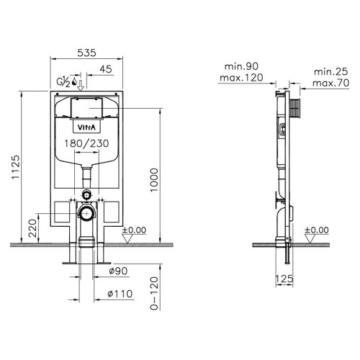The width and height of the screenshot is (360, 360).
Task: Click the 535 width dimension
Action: click(x=86, y=53)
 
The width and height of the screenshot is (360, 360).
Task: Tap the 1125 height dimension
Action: click(x=16, y=167)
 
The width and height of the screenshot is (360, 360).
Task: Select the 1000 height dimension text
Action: click(x=154, y=180)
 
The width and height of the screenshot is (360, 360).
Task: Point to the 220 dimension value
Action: click(x=33, y=228)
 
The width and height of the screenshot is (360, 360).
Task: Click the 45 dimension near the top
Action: click(x=106, y=69)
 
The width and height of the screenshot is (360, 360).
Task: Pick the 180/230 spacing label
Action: click(x=86, y=143)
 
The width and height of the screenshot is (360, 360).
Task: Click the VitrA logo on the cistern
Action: click(x=86, y=127)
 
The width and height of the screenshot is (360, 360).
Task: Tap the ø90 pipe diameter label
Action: click(x=118, y=271)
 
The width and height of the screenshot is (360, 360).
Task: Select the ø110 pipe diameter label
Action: click(x=120, y=294)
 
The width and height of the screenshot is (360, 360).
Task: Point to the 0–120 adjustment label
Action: click(x=154, y=293)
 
